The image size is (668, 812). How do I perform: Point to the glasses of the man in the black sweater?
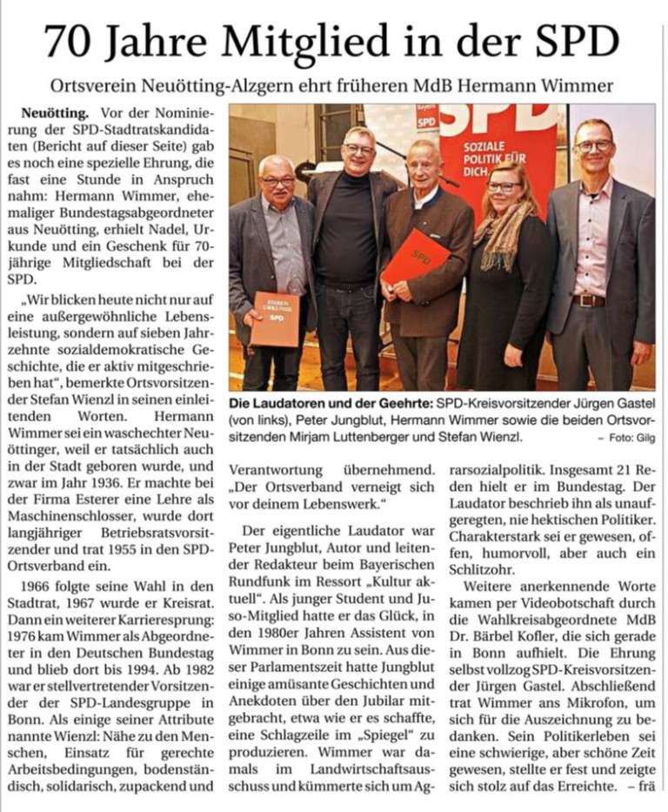click(x=358, y=150)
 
